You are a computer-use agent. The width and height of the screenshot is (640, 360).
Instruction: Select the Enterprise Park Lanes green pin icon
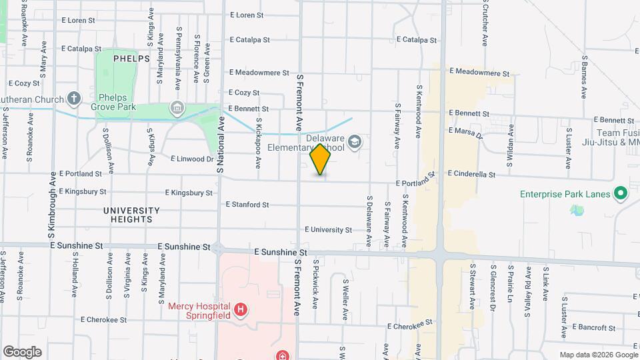[x=621, y=195]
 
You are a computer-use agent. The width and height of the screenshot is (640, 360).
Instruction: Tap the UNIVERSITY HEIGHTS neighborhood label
[x=131, y=215]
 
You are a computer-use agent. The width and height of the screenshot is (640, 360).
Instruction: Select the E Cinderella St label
[x=471, y=174]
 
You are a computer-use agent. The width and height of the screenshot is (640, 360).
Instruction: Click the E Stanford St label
[x=247, y=205]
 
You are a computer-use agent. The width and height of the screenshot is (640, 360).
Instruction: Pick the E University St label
[x=328, y=230]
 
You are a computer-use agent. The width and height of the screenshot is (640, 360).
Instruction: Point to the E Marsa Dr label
[x=464, y=132]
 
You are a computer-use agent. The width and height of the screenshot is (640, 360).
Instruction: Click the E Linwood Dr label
[x=192, y=159]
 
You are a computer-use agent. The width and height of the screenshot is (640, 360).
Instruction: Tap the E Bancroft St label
[x=592, y=327]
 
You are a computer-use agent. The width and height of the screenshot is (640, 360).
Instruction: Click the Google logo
[x=22, y=352]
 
